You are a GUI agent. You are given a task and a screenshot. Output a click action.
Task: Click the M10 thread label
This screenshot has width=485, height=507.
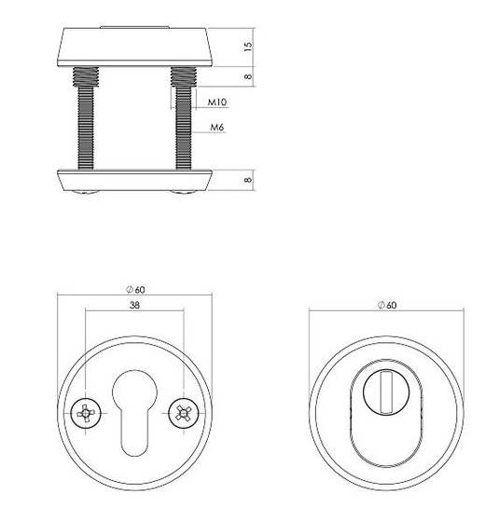pos(217,103)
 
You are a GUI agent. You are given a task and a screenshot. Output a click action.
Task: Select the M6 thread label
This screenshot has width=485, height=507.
pos(217,127)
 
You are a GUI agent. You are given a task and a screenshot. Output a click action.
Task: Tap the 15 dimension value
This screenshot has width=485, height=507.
pos(247,48)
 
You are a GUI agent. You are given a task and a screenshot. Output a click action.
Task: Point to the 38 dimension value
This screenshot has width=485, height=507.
pos(134,305)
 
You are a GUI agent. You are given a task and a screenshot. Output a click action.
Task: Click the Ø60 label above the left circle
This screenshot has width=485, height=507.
pos(135,290)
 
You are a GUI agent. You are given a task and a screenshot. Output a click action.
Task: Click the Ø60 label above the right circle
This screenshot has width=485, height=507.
pos(387,305)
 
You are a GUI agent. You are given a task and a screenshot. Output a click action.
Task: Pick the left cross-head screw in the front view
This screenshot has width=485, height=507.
pos(86,413)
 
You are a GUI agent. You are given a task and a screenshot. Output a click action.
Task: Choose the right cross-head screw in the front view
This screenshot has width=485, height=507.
pos(184,413)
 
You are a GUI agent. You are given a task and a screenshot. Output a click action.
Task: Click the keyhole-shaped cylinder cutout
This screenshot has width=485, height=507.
pos(134,413)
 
